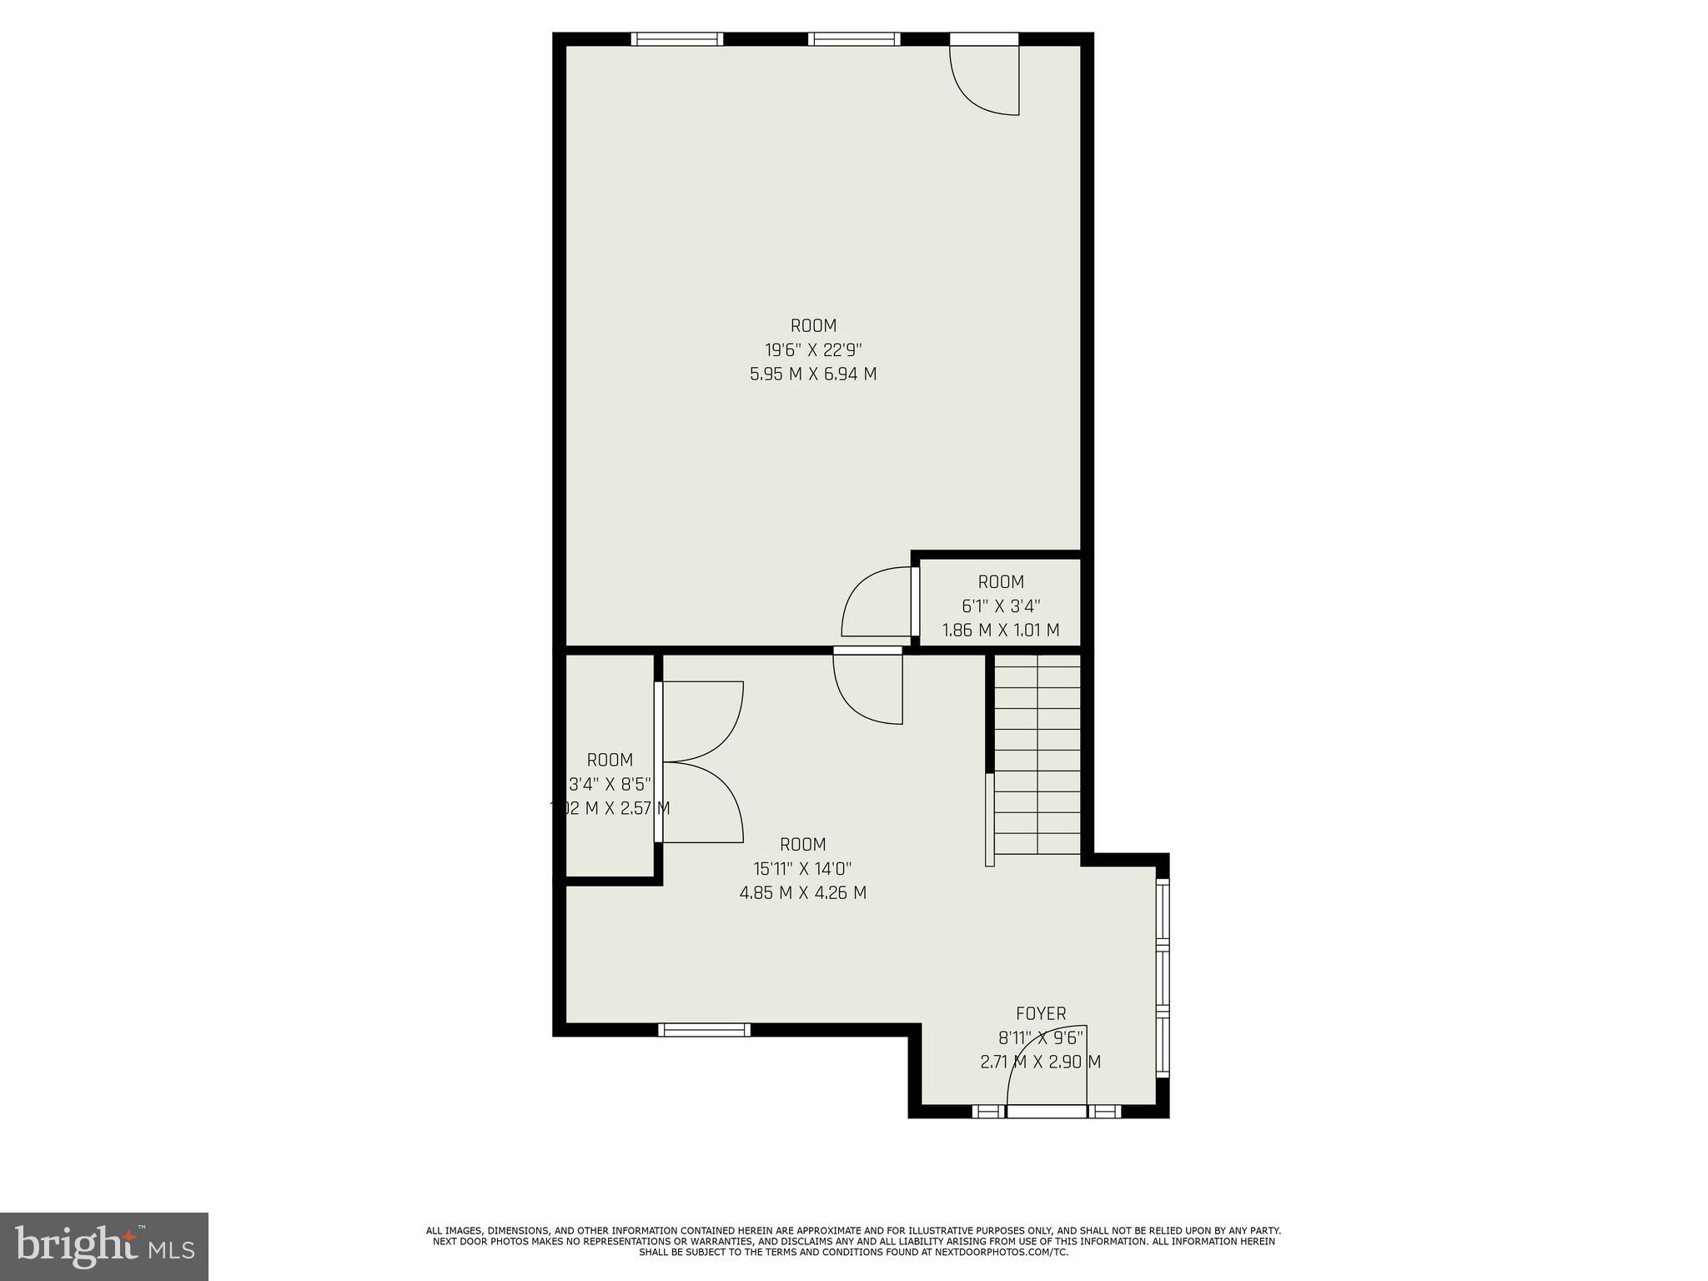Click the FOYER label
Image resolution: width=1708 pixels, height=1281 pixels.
(1040, 1014)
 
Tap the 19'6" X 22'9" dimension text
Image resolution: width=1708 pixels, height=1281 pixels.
(813, 349)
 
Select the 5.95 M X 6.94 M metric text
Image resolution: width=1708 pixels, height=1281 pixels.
(813, 374)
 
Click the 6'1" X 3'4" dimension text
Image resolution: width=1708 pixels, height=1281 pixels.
(1001, 606)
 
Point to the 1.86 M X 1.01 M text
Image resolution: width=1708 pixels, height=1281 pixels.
(1001, 630)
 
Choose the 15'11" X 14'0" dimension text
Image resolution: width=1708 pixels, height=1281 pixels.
(802, 868)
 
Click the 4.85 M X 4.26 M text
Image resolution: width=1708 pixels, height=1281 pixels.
(802, 892)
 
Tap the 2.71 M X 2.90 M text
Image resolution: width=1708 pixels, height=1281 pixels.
(1040, 1062)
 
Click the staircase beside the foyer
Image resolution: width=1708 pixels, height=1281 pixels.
(1037, 755)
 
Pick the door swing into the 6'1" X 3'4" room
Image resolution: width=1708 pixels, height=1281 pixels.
(877, 602)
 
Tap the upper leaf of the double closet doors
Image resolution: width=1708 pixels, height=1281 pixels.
(701, 721)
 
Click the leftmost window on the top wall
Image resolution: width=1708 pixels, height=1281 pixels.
(676, 38)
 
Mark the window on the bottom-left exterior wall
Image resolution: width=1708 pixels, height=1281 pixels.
(704, 1030)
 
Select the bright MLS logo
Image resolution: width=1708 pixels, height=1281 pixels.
(103, 1246)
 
